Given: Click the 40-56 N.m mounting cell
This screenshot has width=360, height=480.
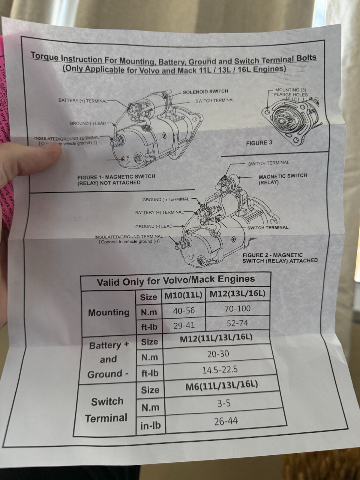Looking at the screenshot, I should pos(184,310).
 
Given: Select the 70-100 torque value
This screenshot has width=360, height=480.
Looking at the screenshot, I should pos(238,308).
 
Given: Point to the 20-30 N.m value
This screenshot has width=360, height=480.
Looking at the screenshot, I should pos(218,354).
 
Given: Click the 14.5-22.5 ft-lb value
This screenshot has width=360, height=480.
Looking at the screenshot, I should pos(220,369).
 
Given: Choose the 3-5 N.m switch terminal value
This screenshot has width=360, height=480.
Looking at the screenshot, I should pos(224,403).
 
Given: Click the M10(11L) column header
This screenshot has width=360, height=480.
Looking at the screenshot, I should pos(184,295).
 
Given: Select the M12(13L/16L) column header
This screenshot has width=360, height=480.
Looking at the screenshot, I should pos(237,293).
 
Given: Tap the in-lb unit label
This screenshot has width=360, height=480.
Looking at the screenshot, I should pos(150,425).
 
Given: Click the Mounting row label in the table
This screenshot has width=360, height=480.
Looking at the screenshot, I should pos(109,313).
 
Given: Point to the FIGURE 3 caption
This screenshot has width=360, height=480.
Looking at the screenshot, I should pos(259,143).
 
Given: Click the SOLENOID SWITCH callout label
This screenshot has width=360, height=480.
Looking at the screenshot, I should pos(205,91).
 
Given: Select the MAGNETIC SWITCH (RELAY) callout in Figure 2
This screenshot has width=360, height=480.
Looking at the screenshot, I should pos(283,179).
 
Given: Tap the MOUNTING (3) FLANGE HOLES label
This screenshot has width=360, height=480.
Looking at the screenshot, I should pos(291,92).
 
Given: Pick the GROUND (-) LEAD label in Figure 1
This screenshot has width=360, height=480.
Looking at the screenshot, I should pos(88,123).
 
